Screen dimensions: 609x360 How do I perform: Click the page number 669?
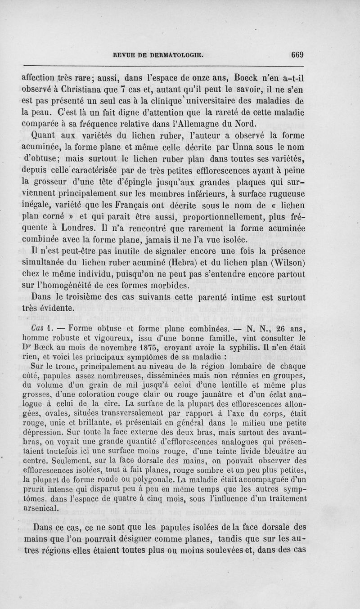(297, 55)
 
